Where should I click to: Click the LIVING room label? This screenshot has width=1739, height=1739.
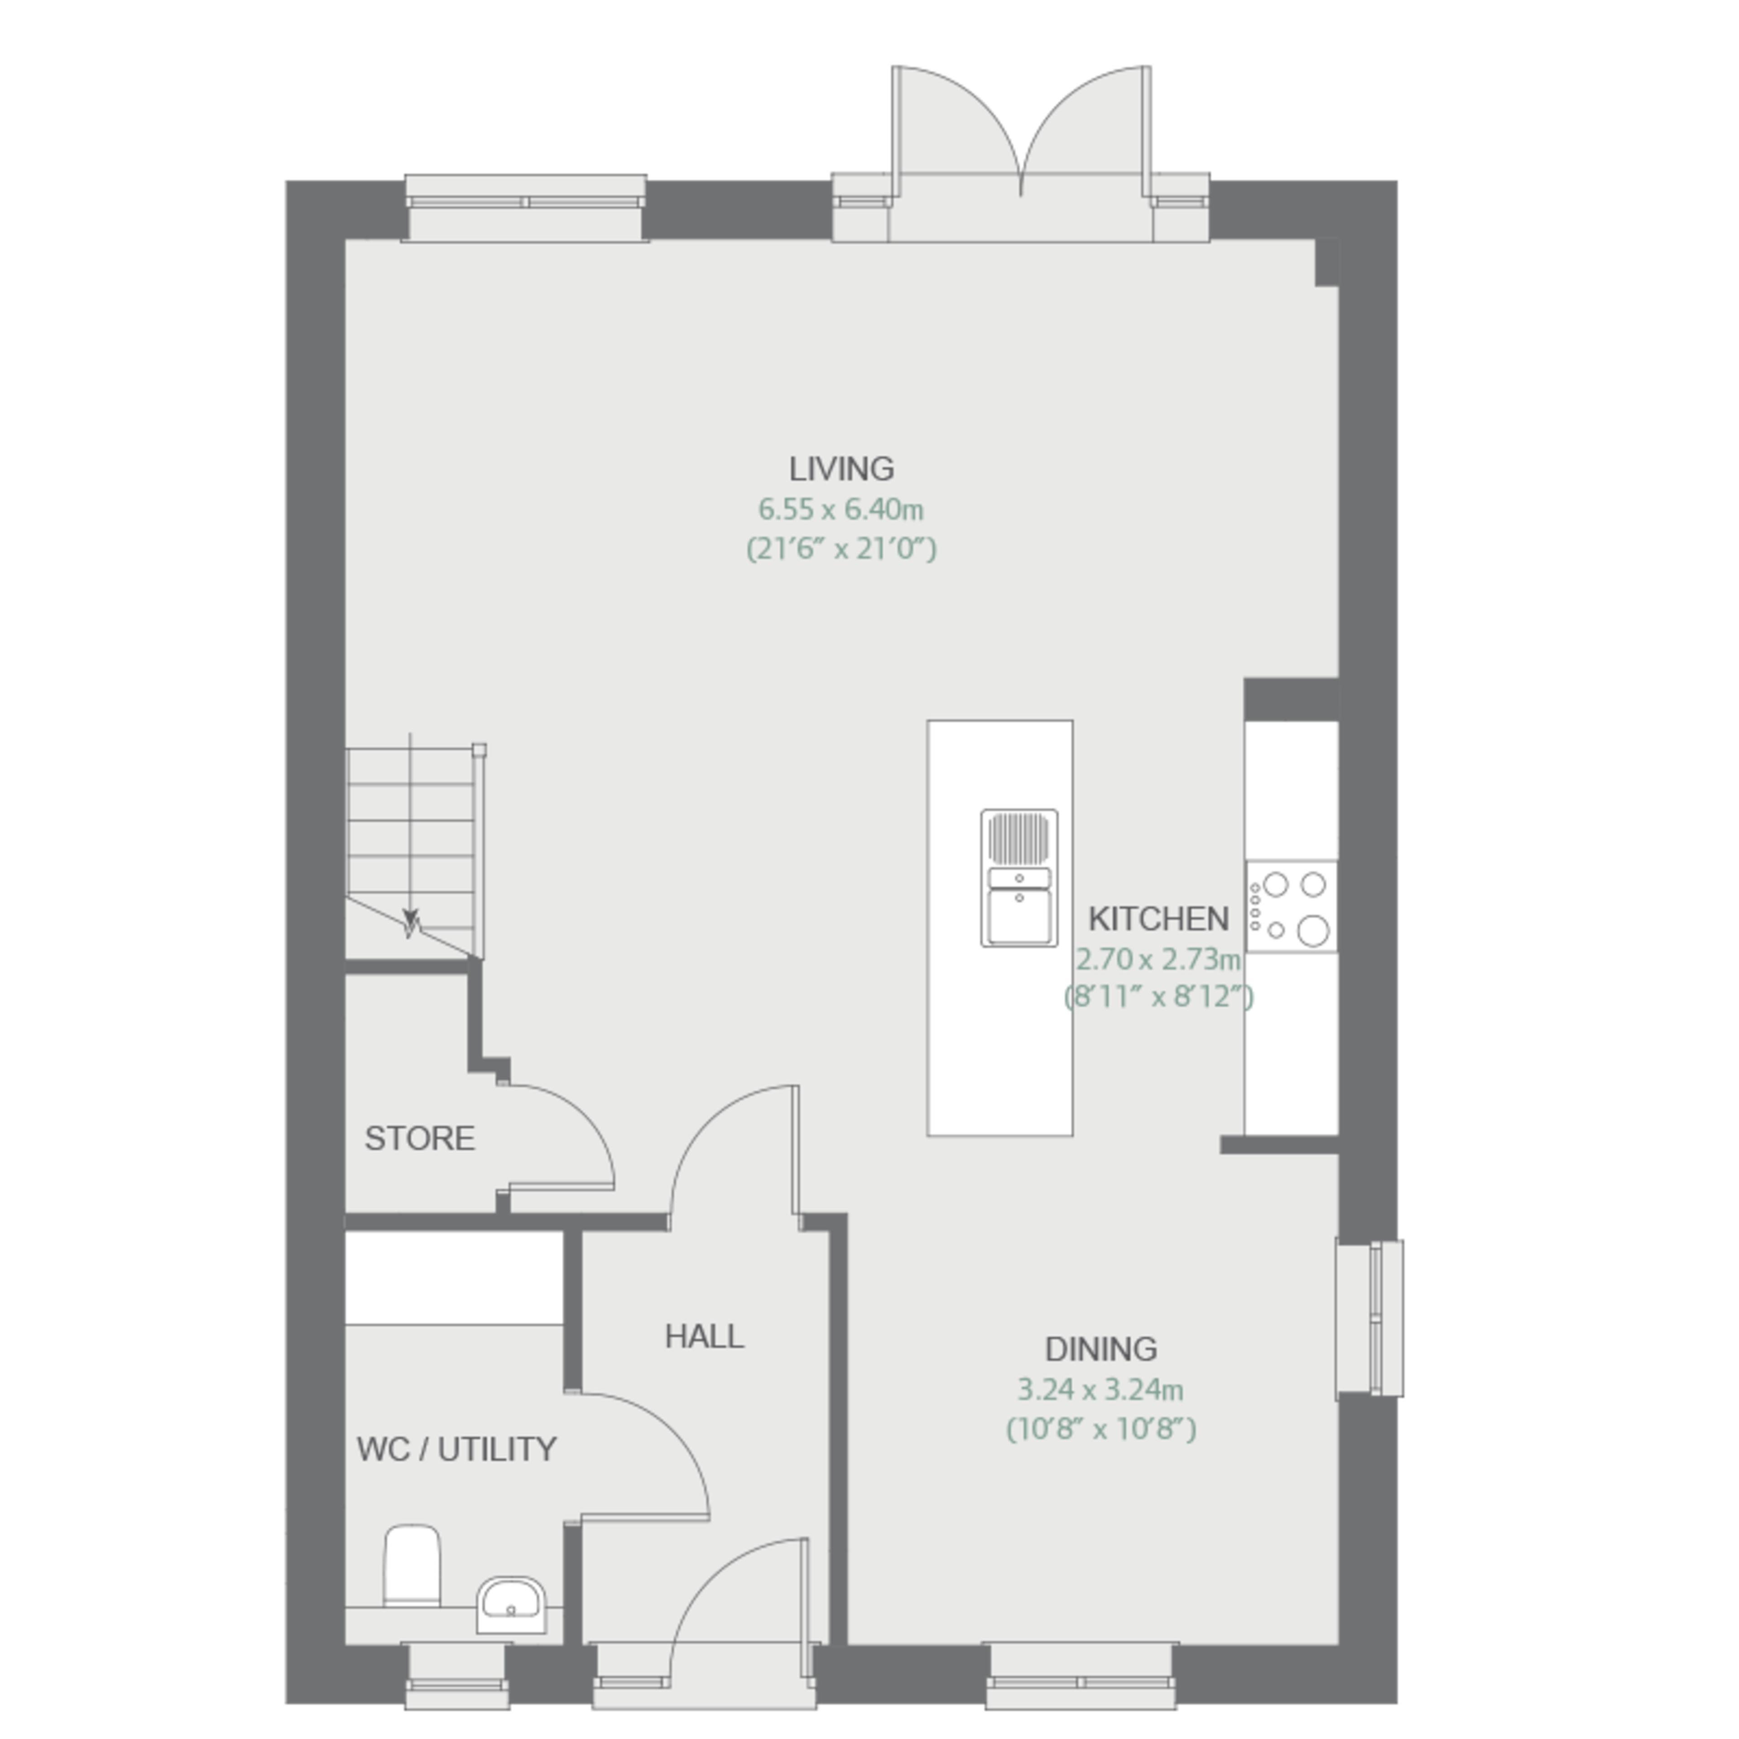841,469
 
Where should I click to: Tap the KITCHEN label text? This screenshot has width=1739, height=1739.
1158,919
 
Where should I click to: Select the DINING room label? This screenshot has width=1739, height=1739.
1101,1349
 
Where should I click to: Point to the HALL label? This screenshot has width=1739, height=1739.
705,1337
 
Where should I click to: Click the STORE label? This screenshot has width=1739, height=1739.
419,1139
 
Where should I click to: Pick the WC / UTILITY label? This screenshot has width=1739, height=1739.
456,1449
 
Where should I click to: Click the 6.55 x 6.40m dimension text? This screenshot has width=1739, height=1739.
841,509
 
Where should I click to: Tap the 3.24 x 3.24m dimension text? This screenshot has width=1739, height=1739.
1100,1390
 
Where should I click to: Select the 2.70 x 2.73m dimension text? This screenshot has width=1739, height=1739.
1158,960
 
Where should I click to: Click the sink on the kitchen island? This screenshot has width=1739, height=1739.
1019,878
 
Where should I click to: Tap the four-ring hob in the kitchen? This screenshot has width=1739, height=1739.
1291,906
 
